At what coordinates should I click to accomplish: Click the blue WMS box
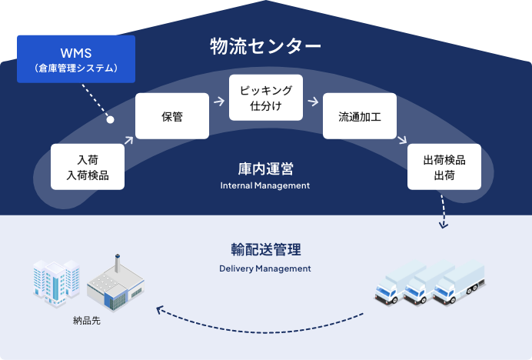76,59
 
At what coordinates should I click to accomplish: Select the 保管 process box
172,116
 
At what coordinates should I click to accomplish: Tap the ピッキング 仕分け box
266,98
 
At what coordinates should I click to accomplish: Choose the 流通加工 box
360,116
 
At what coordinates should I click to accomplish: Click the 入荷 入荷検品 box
88,167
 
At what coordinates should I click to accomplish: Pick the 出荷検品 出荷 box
444,167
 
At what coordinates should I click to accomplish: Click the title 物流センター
265,46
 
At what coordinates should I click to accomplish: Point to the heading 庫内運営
265,167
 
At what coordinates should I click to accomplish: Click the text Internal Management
265,185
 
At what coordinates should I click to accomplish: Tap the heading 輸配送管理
265,250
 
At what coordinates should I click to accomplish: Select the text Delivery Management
265,268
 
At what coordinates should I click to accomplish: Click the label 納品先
86,319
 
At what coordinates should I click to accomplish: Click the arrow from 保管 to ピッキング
219,102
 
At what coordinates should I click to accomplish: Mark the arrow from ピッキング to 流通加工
313,102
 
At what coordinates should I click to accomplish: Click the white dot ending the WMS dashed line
110,120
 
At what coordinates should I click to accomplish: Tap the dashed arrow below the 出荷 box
443,211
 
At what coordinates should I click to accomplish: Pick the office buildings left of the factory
55,281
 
